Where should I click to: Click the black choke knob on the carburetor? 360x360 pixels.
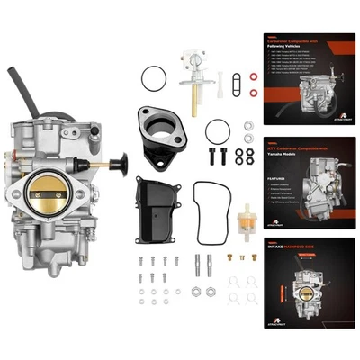119,165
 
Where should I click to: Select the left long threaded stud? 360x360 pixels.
197,267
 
